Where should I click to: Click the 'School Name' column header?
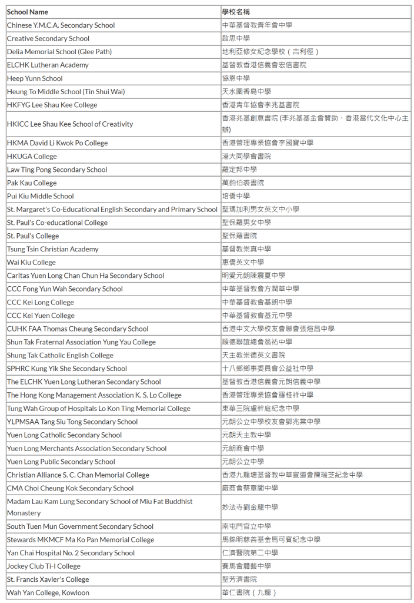pyautogui.click(x=28, y=12)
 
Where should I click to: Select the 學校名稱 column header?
pyautogui.click(x=236, y=12)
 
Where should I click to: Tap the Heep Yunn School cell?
pyautogui.click(x=35, y=78)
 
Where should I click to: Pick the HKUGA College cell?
pyautogui.click(x=32, y=157)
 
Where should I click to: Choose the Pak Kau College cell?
pyautogui.click(x=32, y=183)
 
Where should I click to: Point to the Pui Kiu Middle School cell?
pyautogui.click(x=41, y=196)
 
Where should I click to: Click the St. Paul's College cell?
pyautogui.click(x=33, y=236)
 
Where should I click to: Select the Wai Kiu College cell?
pyautogui.click(x=31, y=263)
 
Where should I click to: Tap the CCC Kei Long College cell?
pyautogui.click(x=41, y=303)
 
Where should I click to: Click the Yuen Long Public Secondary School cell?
pyautogui.click(x=61, y=462)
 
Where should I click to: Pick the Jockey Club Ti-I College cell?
pyautogui.click(x=44, y=566)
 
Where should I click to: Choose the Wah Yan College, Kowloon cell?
pyautogui.click(x=48, y=593)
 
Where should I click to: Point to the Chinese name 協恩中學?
pyautogui.click(x=236, y=78)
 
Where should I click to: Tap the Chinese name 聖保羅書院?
pyautogui.click(x=239, y=236)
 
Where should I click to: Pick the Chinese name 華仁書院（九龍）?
pyautogui.click(x=249, y=593)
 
